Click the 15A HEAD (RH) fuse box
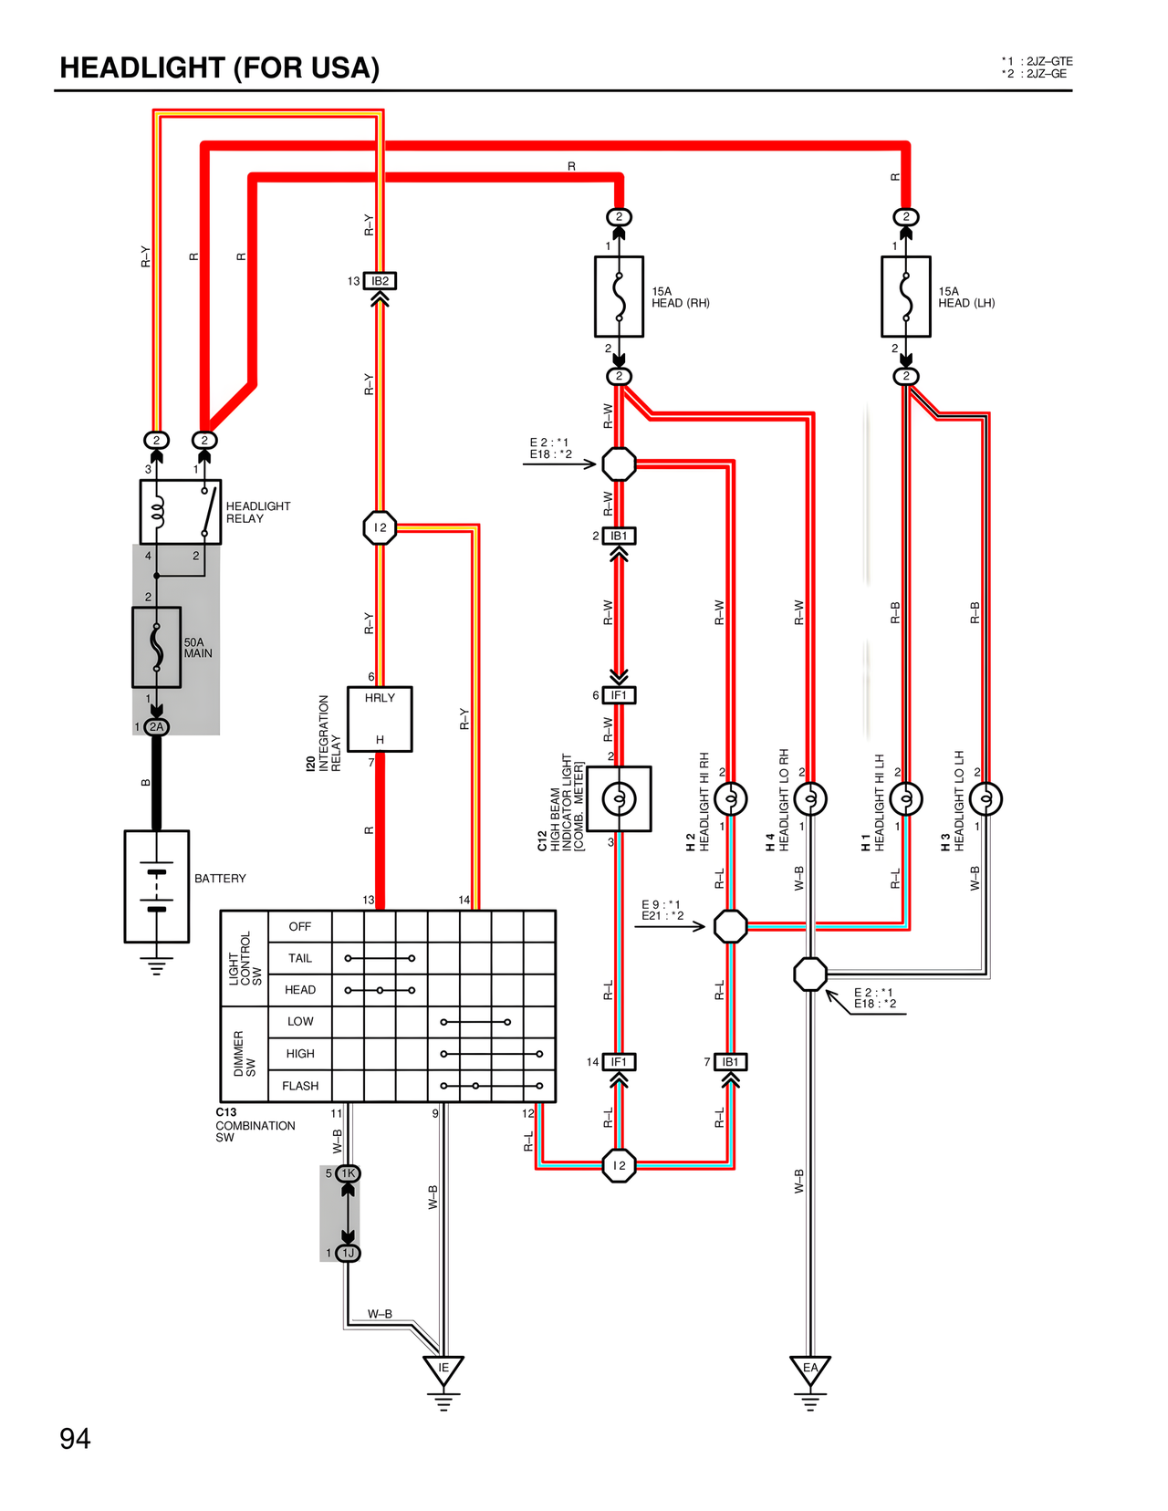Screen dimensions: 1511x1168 pos(619,297)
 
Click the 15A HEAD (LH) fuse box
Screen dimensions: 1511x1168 pos(905,297)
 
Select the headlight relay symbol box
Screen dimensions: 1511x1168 pos(180,512)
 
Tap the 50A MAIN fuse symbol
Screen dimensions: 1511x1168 pos(156,647)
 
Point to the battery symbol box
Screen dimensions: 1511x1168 pos(156,886)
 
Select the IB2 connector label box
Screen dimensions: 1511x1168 pos(380,281)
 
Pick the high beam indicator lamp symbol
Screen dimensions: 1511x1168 pos(619,799)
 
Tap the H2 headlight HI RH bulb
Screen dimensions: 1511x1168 pos(730,799)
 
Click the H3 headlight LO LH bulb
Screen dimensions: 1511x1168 pos(985,799)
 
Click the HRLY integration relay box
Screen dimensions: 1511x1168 pos(380,719)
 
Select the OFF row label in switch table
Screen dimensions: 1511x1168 pos(300,926)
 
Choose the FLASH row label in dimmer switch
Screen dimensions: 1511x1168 pos(300,1086)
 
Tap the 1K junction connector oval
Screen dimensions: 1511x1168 pos(348,1173)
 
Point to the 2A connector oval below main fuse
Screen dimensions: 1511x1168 pos(157,727)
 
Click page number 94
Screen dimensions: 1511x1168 pos(75,1439)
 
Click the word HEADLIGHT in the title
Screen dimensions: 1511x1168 pos(142,68)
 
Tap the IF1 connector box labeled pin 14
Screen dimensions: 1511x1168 pos(619,1062)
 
